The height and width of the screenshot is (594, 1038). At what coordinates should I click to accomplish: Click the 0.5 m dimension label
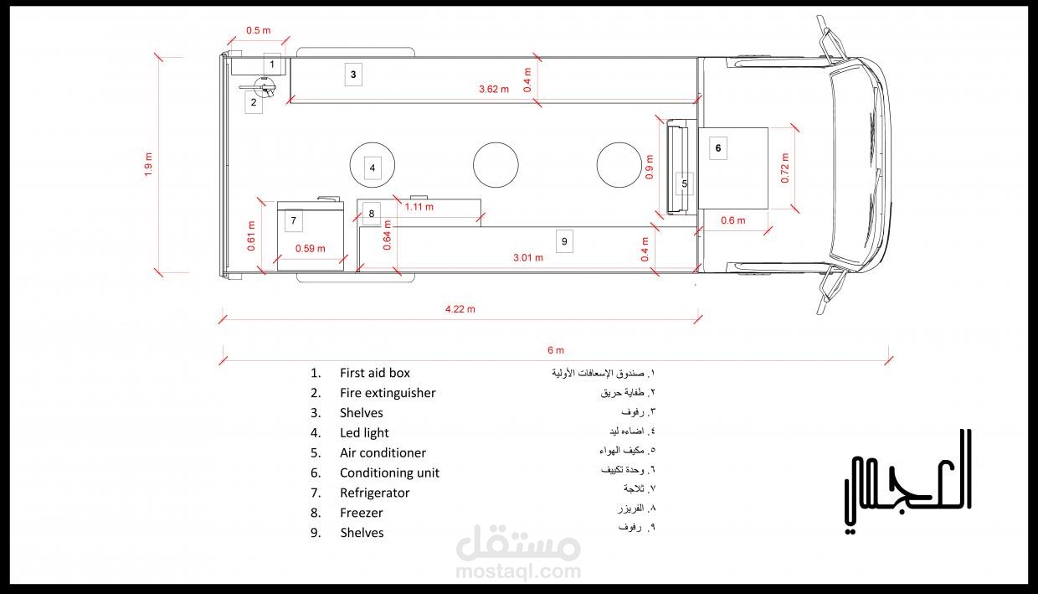[x=259, y=31]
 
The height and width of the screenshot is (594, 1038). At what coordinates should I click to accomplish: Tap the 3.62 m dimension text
[x=494, y=89]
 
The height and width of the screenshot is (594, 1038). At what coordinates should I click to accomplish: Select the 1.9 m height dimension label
[x=149, y=164]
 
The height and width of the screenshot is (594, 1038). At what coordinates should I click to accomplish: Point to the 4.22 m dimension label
[x=460, y=309]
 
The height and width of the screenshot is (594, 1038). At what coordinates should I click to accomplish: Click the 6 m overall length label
[x=556, y=350]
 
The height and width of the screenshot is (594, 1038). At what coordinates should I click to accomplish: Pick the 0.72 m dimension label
[x=784, y=168]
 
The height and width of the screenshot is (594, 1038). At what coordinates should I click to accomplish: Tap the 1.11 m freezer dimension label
[x=419, y=207]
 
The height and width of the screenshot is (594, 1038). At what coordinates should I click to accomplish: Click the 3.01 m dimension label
[x=528, y=258]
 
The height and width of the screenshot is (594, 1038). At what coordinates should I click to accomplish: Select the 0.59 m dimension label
[x=311, y=249]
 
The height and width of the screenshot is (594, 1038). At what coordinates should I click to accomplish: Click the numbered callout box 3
[x=353, y=75]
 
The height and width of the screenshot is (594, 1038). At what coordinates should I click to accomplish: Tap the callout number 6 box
[x=718, y=148]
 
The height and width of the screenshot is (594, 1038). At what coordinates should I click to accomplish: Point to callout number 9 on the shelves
[x=564, y=241]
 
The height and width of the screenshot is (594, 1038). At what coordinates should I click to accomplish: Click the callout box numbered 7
[x=293, y=220]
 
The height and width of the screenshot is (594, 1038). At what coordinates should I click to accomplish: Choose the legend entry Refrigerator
[x=374, y=493]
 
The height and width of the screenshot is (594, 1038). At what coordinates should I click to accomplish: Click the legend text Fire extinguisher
[x=388, y=393]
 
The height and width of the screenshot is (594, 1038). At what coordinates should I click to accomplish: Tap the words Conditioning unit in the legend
[x=389, y=473]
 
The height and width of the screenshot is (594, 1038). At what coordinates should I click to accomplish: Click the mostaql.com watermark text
[x=518, y=571]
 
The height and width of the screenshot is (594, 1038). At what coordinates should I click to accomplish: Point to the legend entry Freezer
[x=361, y=513]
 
